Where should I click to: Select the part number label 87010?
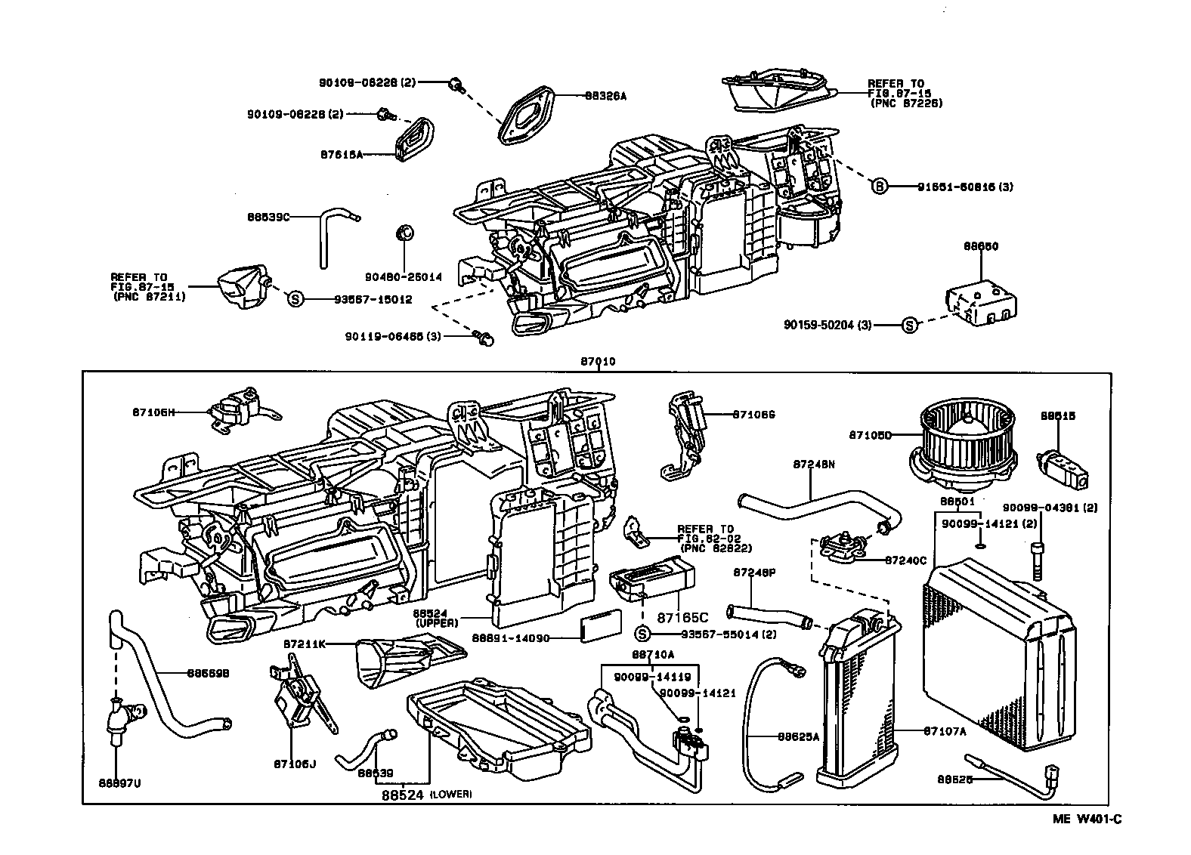tap(597, 362)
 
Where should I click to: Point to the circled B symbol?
tap(879, 186)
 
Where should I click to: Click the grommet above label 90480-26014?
tap(404, 232)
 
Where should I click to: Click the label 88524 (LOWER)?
tap(426, 795)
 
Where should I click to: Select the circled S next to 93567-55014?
tap(642, 634)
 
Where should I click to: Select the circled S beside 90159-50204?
tap(909, 325)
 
